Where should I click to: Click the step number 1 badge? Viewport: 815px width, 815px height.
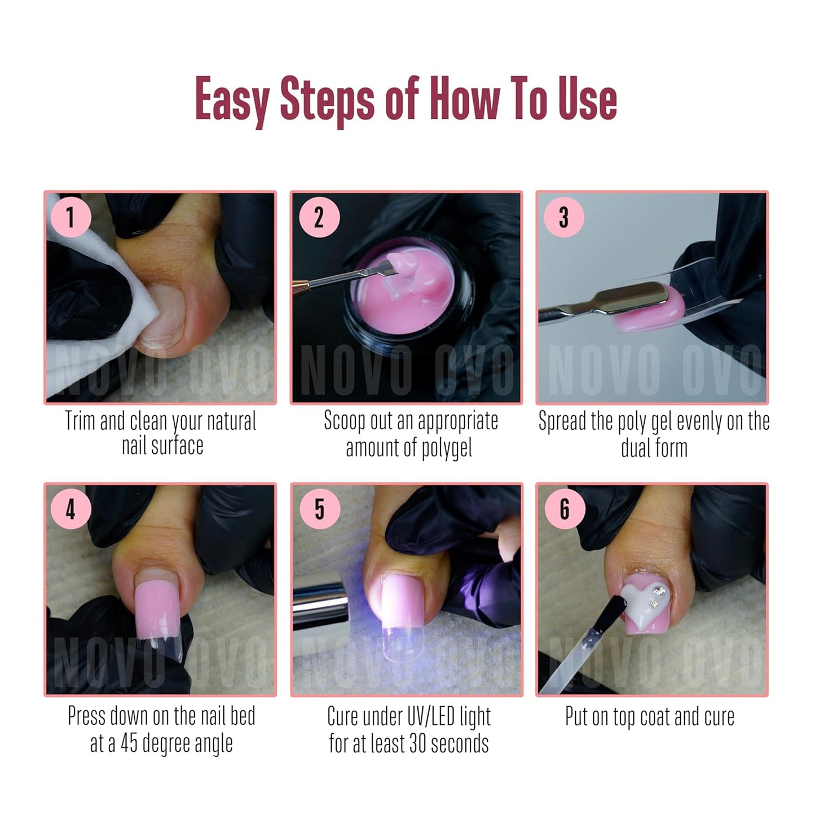coord(71,217)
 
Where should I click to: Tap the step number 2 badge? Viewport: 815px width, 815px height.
coord(319,217)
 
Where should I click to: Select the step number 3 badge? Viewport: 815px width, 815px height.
coord(563,217)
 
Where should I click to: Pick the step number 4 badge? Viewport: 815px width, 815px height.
coord(71,509)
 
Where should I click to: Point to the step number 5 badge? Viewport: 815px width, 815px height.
coord(319,509)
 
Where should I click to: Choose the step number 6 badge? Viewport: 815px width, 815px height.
coord(565,509)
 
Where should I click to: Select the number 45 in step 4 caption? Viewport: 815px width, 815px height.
coord(129,743)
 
